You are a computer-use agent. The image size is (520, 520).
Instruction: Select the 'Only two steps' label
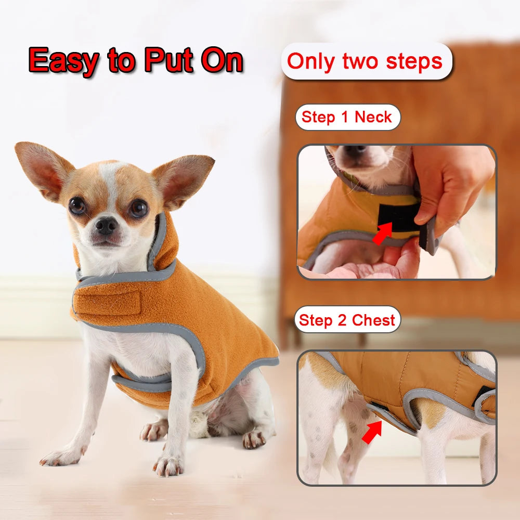[365, 61]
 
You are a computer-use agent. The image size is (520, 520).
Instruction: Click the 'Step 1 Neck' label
[347, 118]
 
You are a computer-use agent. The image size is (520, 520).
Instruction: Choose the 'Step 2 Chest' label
[347, 320]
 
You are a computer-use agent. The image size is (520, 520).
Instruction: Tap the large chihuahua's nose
[107, 225]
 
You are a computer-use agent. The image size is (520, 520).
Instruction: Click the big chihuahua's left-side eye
[77, 206]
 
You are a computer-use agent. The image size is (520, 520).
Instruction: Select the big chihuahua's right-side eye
[138, 209]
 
